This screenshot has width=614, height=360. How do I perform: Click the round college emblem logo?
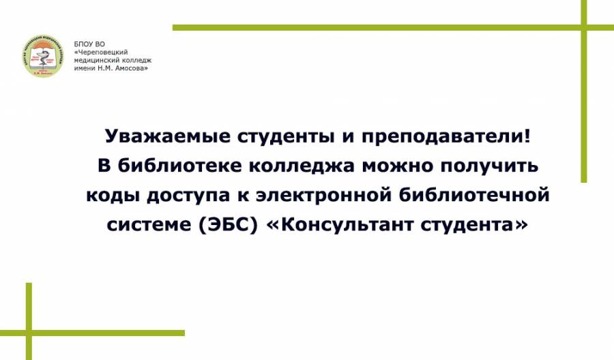42,55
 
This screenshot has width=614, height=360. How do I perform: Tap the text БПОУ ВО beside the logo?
89,44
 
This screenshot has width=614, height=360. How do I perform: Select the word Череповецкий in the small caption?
102,52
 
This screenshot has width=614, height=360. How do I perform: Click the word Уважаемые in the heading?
168,136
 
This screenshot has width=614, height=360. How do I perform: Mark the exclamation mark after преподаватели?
527,136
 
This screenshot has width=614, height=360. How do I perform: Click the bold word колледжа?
302,166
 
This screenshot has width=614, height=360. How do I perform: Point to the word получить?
490,166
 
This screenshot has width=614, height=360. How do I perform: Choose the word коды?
113,195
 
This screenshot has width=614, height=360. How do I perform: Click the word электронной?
324,195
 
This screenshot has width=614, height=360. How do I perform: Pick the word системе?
149,224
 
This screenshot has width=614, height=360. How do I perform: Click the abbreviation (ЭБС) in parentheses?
229,224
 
